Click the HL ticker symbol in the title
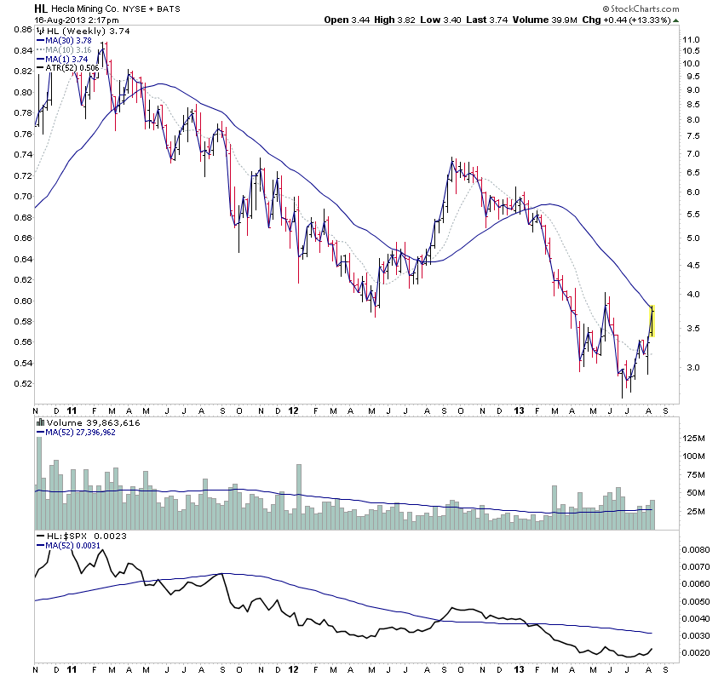[40, 8]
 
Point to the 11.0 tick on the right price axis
[691, 40]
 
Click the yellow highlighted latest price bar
[652, 319]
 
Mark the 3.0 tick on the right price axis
[691, 368]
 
